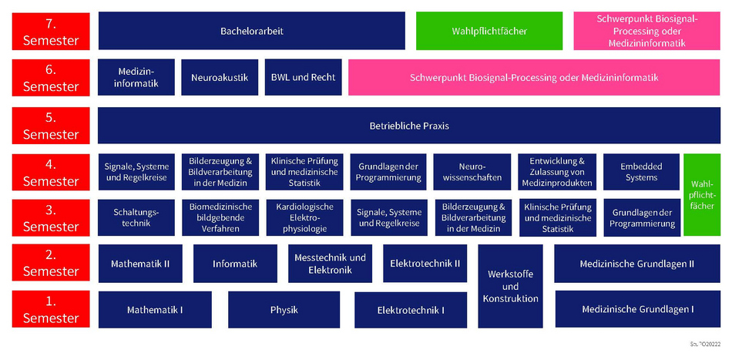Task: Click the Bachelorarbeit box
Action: point(251,32)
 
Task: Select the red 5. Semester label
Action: point(51,126)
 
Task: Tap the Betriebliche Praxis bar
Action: point(408,126)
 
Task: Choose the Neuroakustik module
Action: point(218,78)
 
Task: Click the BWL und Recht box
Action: point(303,78)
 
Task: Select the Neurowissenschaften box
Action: point(472,173)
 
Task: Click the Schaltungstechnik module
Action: point(136,217)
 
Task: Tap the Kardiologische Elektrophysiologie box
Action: point(304,217)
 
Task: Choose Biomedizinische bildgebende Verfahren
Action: point(220,217)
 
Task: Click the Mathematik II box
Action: point(140,264)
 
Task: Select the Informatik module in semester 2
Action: point(235,264)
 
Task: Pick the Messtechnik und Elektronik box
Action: point(330,264)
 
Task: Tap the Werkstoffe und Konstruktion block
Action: point(509,286)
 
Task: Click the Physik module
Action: point(284,310)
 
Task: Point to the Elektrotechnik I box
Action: point(411,310)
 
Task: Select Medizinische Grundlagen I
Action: point(637,309)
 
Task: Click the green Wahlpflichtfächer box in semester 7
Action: point(489,32)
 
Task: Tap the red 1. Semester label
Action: point(51,310)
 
